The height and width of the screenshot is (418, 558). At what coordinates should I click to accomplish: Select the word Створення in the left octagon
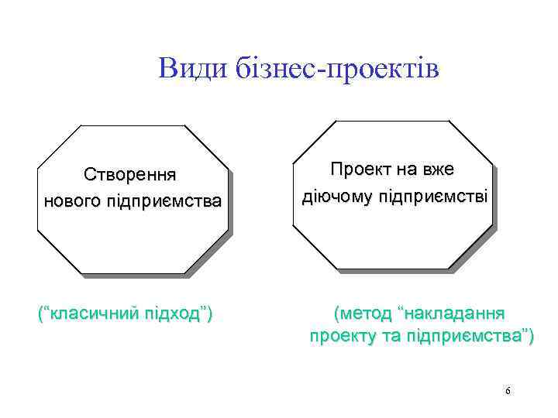pos(131,174)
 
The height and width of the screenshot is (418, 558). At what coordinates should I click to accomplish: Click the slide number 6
pos(508,391)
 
